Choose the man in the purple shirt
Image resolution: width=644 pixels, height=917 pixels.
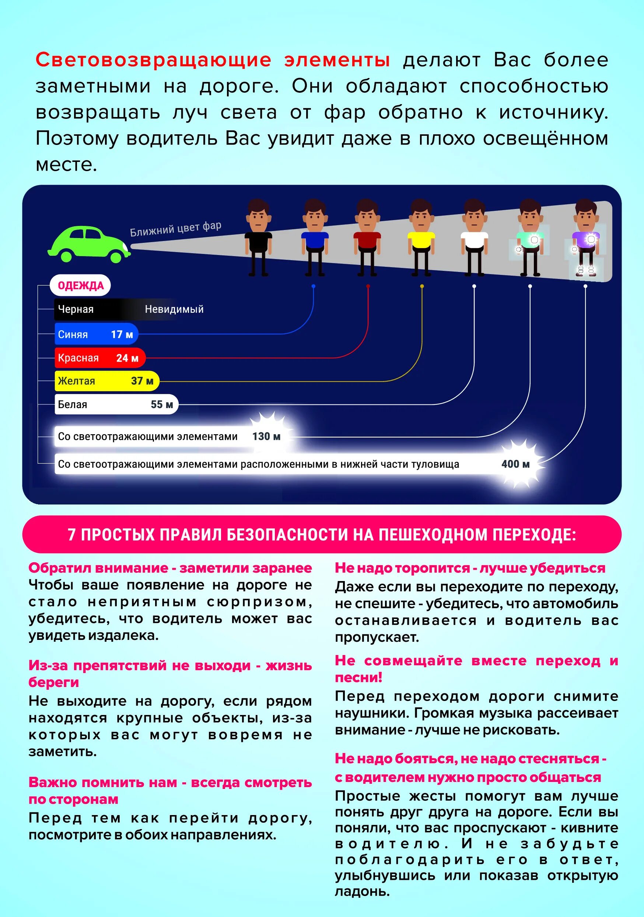(x=586, y=239)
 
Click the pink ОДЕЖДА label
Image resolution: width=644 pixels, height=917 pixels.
(x=80, y=285)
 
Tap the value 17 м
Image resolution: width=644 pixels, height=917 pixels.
(x=122, y=334)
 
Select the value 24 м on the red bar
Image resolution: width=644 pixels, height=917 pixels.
(x=127, y=358)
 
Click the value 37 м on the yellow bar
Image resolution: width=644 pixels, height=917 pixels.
(x=142, y=380)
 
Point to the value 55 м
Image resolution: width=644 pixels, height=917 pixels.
(x=162, y=404)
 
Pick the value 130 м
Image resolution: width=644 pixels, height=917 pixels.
(x=266, y=436)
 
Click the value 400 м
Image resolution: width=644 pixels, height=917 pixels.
(x=515, y=464)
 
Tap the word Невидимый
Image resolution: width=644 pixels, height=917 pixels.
(x=174, y=309)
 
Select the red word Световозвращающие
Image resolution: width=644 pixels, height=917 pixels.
(x=153, y=60)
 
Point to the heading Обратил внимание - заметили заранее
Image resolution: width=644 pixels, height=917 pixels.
(x=170, y=567)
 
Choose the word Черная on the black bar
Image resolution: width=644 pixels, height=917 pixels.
(x=76, y=309)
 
